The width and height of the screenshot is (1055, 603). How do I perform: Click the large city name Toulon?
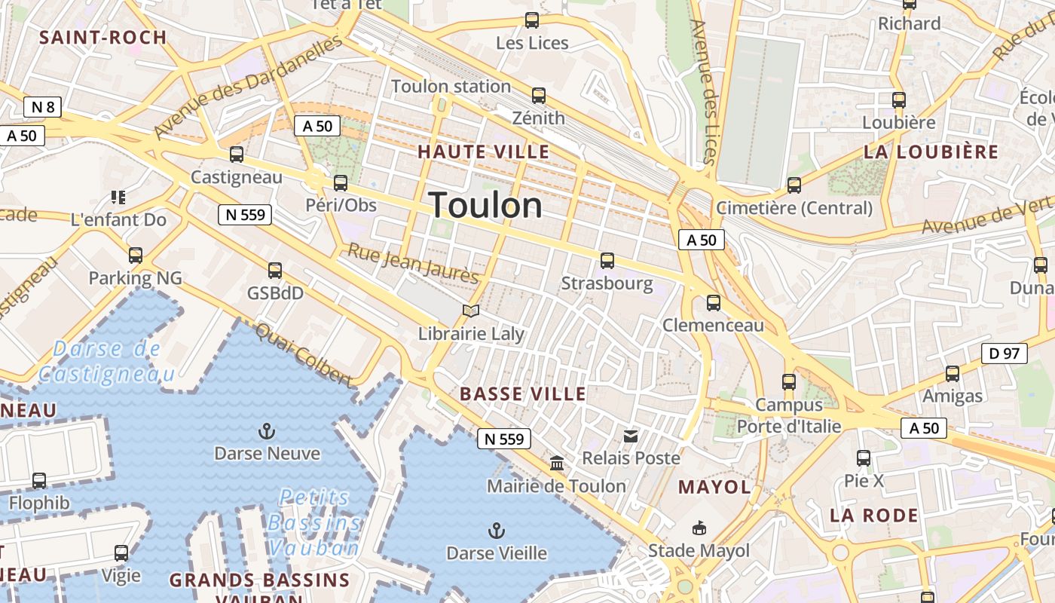tap(485, 205)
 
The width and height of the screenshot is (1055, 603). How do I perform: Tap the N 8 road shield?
tap(42, 107)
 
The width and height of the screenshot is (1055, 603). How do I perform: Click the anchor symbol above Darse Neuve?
tap(267, 431)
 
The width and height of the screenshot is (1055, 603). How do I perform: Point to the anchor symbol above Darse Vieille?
tap(496, 531)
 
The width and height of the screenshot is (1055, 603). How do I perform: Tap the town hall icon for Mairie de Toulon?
tap(557, 463)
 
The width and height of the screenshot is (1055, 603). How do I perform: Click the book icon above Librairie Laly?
tap(471, 311)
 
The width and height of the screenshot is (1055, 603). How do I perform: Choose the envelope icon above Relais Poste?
tap(631, 436)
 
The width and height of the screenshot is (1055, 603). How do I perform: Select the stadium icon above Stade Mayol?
tap(699, 528)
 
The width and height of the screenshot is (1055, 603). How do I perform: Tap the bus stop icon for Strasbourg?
tap(607, 261)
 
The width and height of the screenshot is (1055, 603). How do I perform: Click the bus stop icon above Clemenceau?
tap(713, 303)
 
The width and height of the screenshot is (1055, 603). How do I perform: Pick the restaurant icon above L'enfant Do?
tap(118, 197)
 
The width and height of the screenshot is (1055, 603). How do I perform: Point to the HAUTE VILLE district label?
tap(484, 152)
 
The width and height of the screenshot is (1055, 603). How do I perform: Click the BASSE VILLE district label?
tap(523, 393)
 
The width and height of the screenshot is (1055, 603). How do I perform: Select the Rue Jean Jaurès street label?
tap(413, 264)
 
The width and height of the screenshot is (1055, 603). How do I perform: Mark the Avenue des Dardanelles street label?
tap(247, 87)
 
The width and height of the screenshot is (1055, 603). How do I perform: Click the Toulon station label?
tap(451, 86)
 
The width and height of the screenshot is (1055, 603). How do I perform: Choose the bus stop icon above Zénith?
tap(538, 96)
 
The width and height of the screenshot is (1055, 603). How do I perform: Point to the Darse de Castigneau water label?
tap(106, 361)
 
